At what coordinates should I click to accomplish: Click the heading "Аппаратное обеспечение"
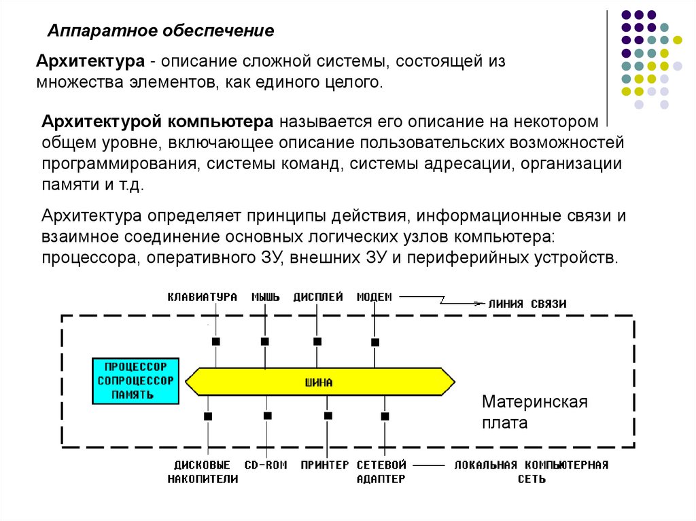coord(160,31)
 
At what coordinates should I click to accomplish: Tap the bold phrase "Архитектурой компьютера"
coord(158,122)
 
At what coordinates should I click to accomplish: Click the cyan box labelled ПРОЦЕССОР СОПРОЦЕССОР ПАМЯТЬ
coord(135,382)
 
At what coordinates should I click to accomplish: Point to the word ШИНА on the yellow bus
coord(319,382)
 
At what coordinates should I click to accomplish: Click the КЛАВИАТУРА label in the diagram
coord(203,297)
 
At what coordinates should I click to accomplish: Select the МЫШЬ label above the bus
coord(266,297)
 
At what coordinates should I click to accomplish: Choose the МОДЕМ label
coord(375,297)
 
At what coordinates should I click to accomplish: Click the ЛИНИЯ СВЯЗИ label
coord(527,304)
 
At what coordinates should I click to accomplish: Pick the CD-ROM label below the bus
coord(266,465)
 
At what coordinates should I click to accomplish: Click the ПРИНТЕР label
coord(325,465)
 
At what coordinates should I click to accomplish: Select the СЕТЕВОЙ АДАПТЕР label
coord(381,472)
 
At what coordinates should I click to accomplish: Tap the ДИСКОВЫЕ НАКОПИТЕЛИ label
coord(203,472)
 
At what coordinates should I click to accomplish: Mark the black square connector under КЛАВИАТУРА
coord(215,341)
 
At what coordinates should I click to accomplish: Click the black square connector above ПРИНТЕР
coord(328,415)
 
